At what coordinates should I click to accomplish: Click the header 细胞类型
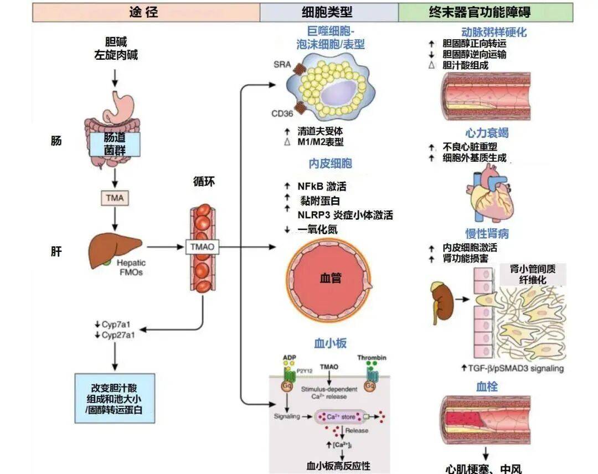327,12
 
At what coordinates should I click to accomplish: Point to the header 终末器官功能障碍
486,12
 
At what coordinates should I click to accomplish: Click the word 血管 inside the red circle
330,278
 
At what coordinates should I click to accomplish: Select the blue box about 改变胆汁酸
114,399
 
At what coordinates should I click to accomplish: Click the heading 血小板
330,343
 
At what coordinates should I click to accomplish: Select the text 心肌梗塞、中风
483,468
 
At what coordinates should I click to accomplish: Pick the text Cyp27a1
116,335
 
